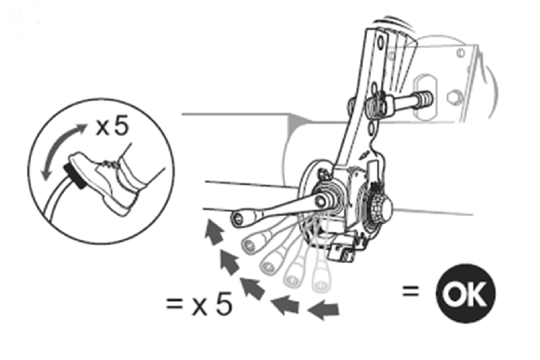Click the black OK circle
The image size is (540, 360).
[x=466, y=293]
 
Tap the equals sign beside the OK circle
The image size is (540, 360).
[x=411, y=291]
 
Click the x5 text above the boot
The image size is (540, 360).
[x=112, y=126]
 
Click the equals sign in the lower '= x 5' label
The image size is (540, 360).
[x=174, y=303]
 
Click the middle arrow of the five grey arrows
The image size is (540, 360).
[x=252, y=287]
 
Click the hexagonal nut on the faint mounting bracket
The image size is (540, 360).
[x=454, y=97]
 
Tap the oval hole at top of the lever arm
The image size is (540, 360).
[x=380, y=43]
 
